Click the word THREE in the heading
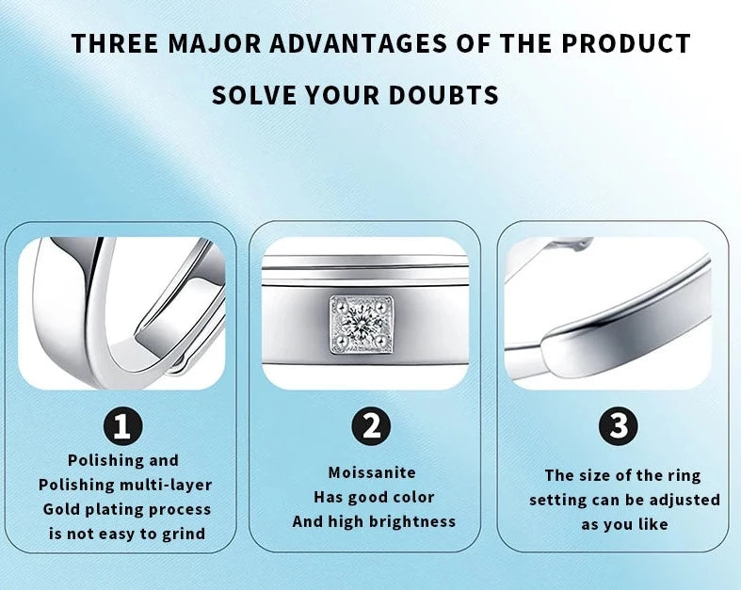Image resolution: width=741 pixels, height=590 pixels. (x=115, y=43)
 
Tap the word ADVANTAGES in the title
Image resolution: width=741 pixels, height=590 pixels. (x=358, y=43)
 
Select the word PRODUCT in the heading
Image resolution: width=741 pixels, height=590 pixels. (x=626, y=43)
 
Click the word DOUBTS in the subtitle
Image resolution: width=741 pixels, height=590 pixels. (x=443, y=94)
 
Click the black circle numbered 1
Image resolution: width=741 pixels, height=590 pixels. (x=122, y=426)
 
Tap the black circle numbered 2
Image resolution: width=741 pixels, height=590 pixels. (x=371, y=426)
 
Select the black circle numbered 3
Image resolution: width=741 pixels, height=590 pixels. (x=619, y=426)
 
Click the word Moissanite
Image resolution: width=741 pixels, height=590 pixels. (x=372, y=472)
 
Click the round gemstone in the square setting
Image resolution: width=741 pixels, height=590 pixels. (x=362, y=324)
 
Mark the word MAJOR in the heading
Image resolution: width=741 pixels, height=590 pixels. (x=214, y=43)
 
